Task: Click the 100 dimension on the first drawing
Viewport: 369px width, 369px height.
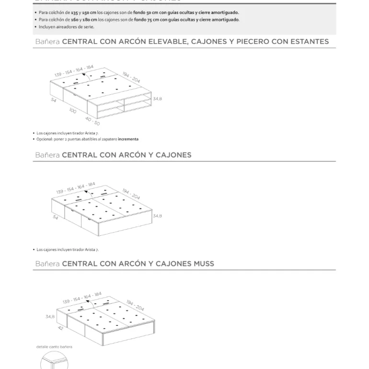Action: pos(72,111)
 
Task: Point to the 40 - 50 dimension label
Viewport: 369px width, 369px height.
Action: pos(92,120)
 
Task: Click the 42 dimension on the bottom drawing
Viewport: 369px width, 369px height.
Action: pos(60,328)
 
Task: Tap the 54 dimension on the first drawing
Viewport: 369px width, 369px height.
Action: pos(54,100)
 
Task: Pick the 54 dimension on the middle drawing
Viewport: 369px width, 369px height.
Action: pos(55,218)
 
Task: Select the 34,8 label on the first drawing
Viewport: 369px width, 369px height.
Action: pos(157,99)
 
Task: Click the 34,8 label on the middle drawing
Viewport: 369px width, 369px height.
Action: pos(157,216)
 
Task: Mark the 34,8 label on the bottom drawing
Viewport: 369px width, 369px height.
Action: pos(50,317)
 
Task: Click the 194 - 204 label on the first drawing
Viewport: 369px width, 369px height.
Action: pos(131,77)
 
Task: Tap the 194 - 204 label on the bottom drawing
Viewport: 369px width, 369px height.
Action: pos(135,305)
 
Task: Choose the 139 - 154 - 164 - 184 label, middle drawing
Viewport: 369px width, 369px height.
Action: pos(75,188)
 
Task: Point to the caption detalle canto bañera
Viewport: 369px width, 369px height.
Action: pos(54,347)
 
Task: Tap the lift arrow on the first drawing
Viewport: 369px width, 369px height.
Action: pos(84,74)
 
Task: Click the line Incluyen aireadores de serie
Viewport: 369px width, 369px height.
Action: pos(67,27)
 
